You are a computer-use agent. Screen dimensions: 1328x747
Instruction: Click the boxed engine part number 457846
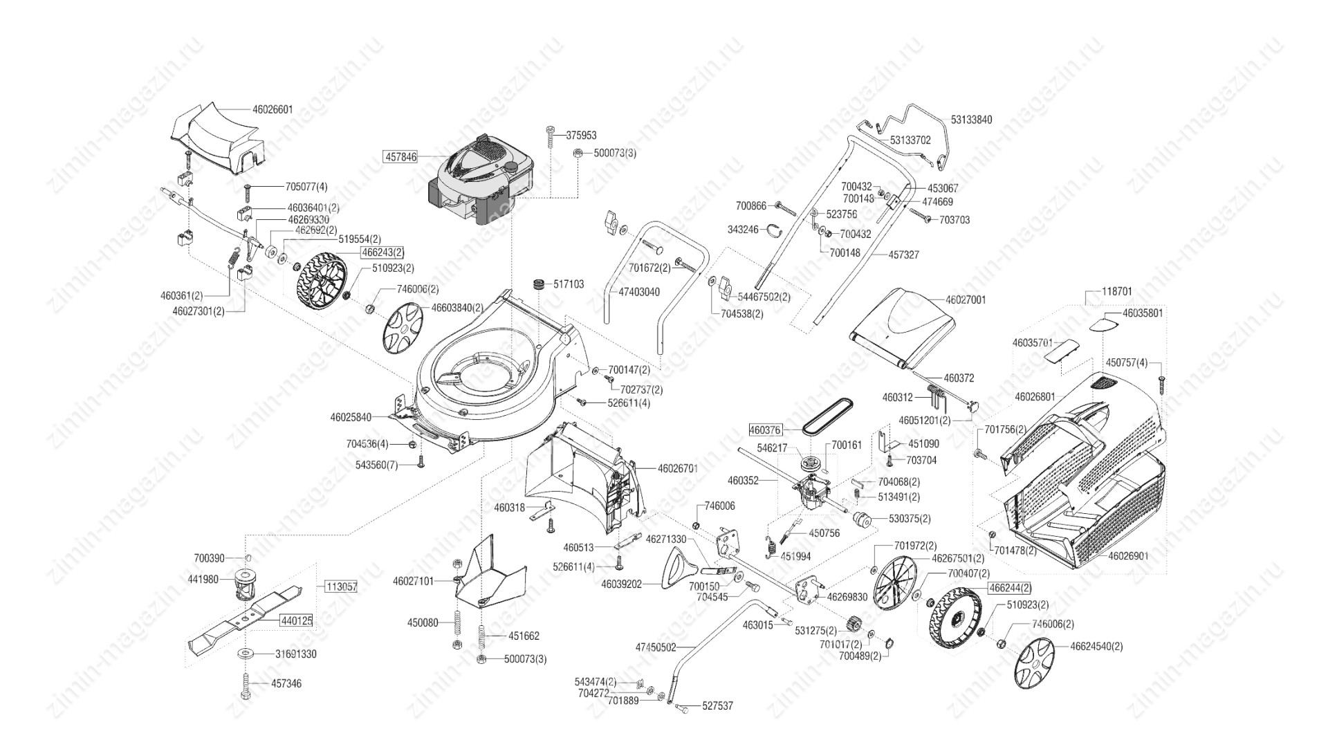click(x=400, y=157)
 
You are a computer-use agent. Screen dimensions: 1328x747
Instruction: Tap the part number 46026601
click(x=273, y=109)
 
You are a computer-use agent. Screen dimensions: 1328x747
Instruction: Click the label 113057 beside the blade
click(x=340, y=587)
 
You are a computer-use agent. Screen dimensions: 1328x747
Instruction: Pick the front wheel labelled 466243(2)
click(x=320, y=277)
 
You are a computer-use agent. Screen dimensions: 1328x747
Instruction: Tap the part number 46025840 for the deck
click(x=351, y=417)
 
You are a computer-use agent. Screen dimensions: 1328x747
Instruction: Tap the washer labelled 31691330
click(x=246, y=654)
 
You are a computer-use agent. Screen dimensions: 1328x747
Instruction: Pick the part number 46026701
click(x=678, y=468)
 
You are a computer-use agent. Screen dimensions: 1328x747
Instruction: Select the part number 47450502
click(x=656, y=647)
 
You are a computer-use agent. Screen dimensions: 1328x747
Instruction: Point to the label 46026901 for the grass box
click(x=1129, y=555)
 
